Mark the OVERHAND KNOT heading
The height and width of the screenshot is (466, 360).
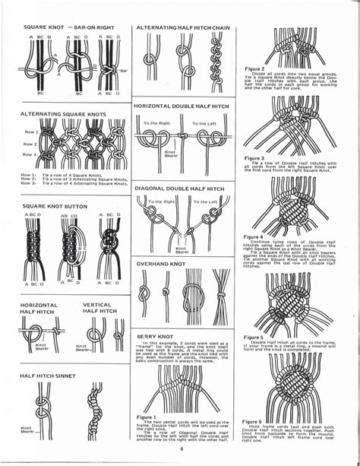pyautogui.click(x=162, y=264)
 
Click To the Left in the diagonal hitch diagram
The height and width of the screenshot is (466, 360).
pyautogui.click(x=204, y=202)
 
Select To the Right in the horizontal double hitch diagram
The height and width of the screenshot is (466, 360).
pyautogui.click(x=156, y=123)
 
